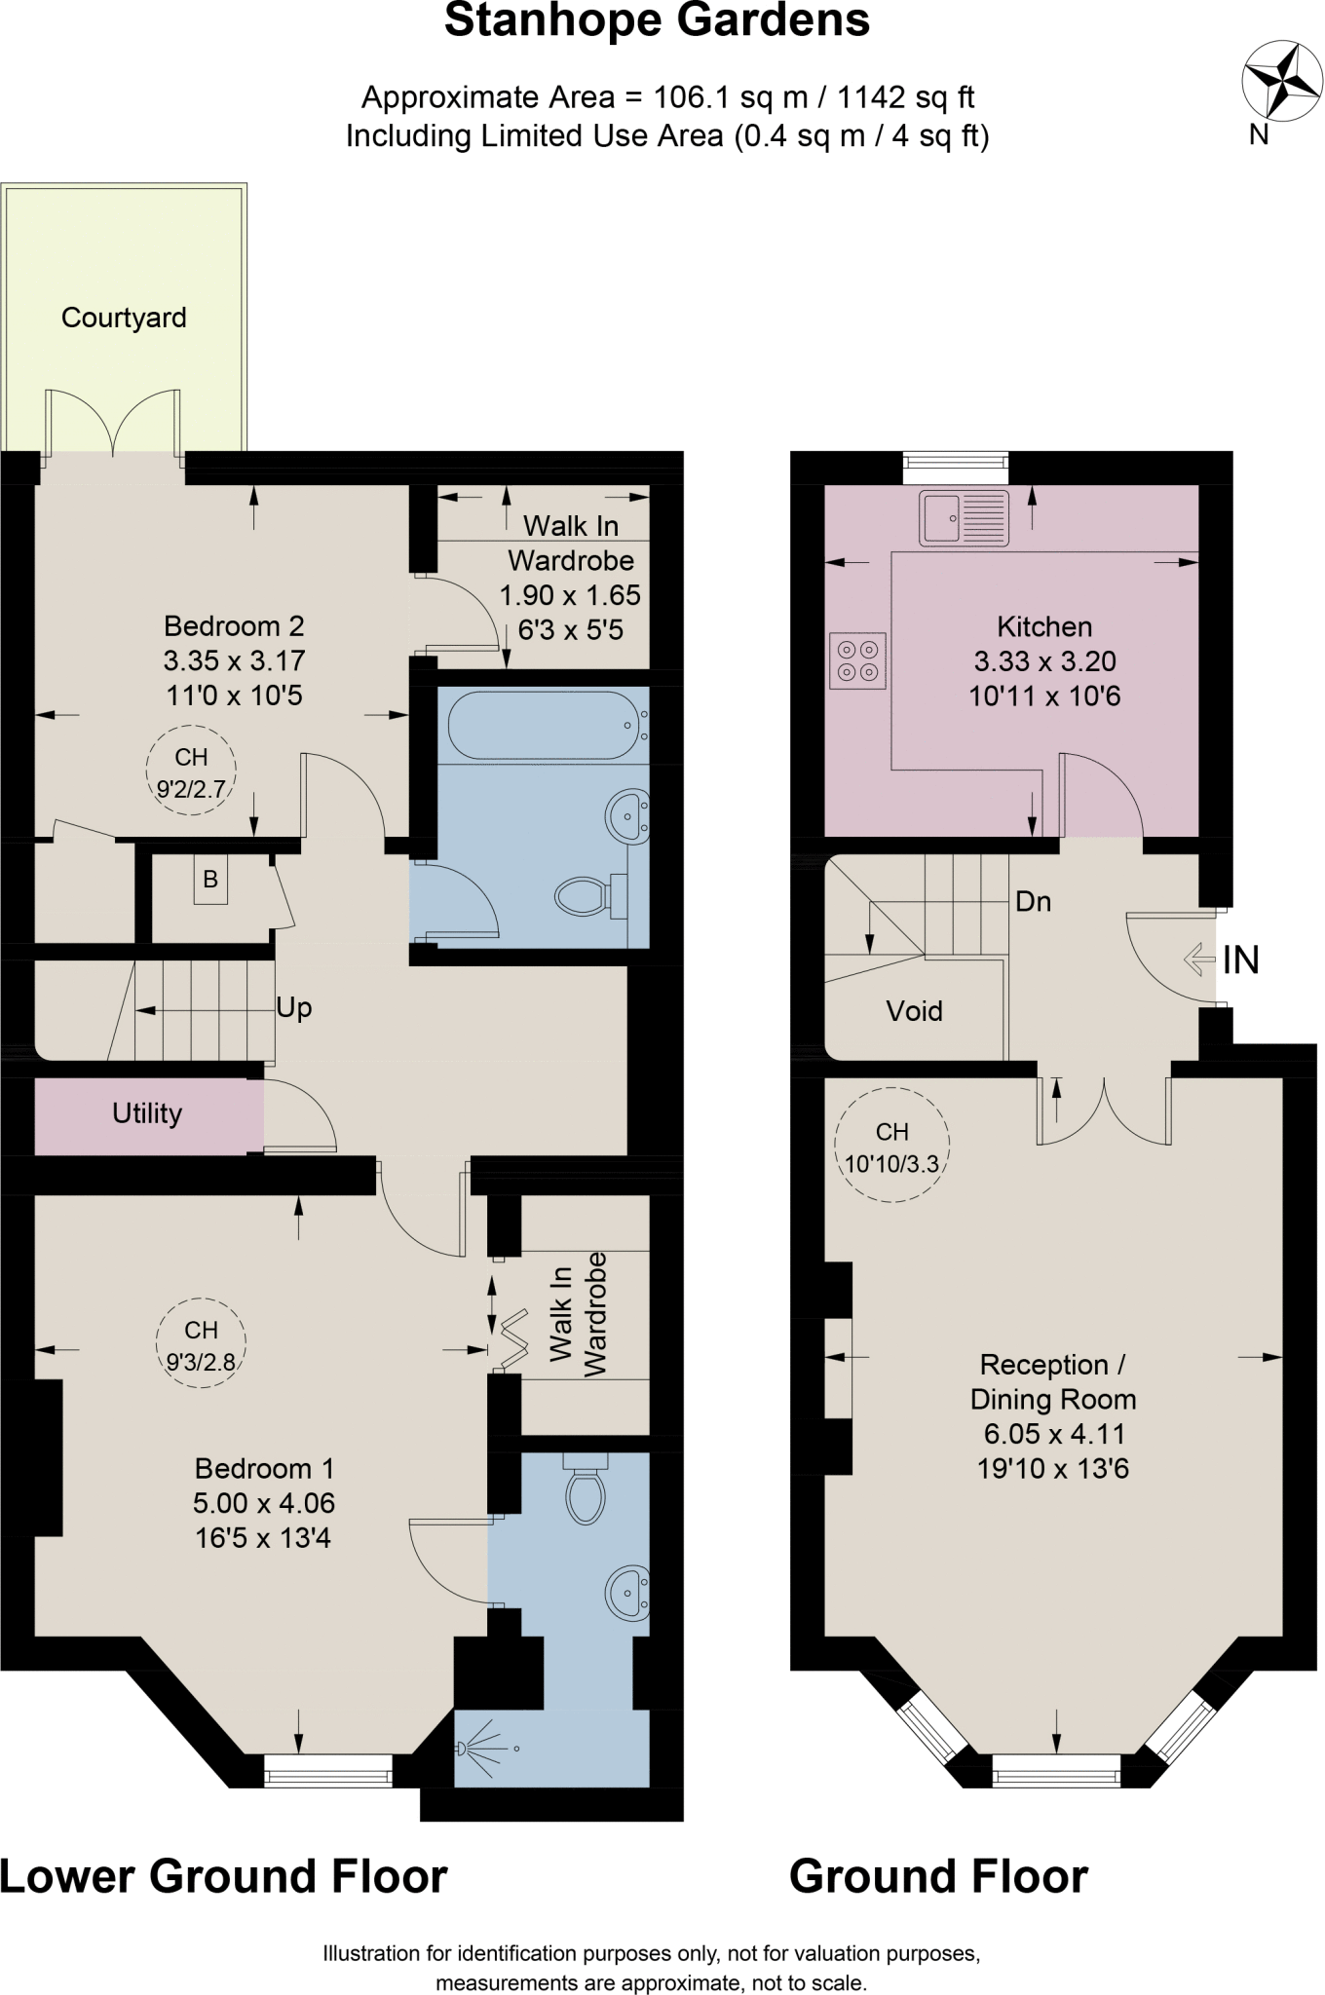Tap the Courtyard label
[124, 318]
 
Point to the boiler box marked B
[209, 880]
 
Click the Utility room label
[147, 1113]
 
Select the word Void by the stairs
[914, 1011]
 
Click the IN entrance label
[1240, 960]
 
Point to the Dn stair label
[1033, 902]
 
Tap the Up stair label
[293, 1007]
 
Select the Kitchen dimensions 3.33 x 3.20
[1044, 661]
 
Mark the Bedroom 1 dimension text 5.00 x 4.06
[263, 1503]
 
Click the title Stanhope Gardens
[657, 21]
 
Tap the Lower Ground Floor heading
[223, 1876]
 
